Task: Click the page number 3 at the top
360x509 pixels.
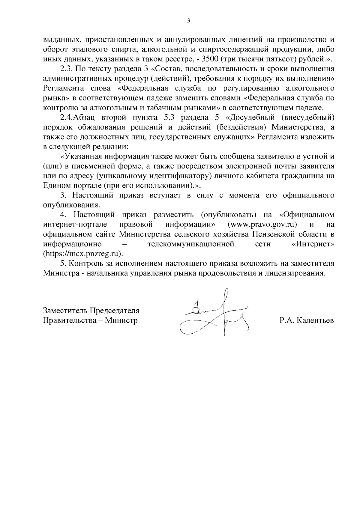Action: [188, 21]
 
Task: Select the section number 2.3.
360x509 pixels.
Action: [66, 69]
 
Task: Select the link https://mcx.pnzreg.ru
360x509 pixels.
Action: [82, 253]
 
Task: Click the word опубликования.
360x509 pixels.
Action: [71, 205]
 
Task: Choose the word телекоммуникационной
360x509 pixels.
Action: [191, 244]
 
